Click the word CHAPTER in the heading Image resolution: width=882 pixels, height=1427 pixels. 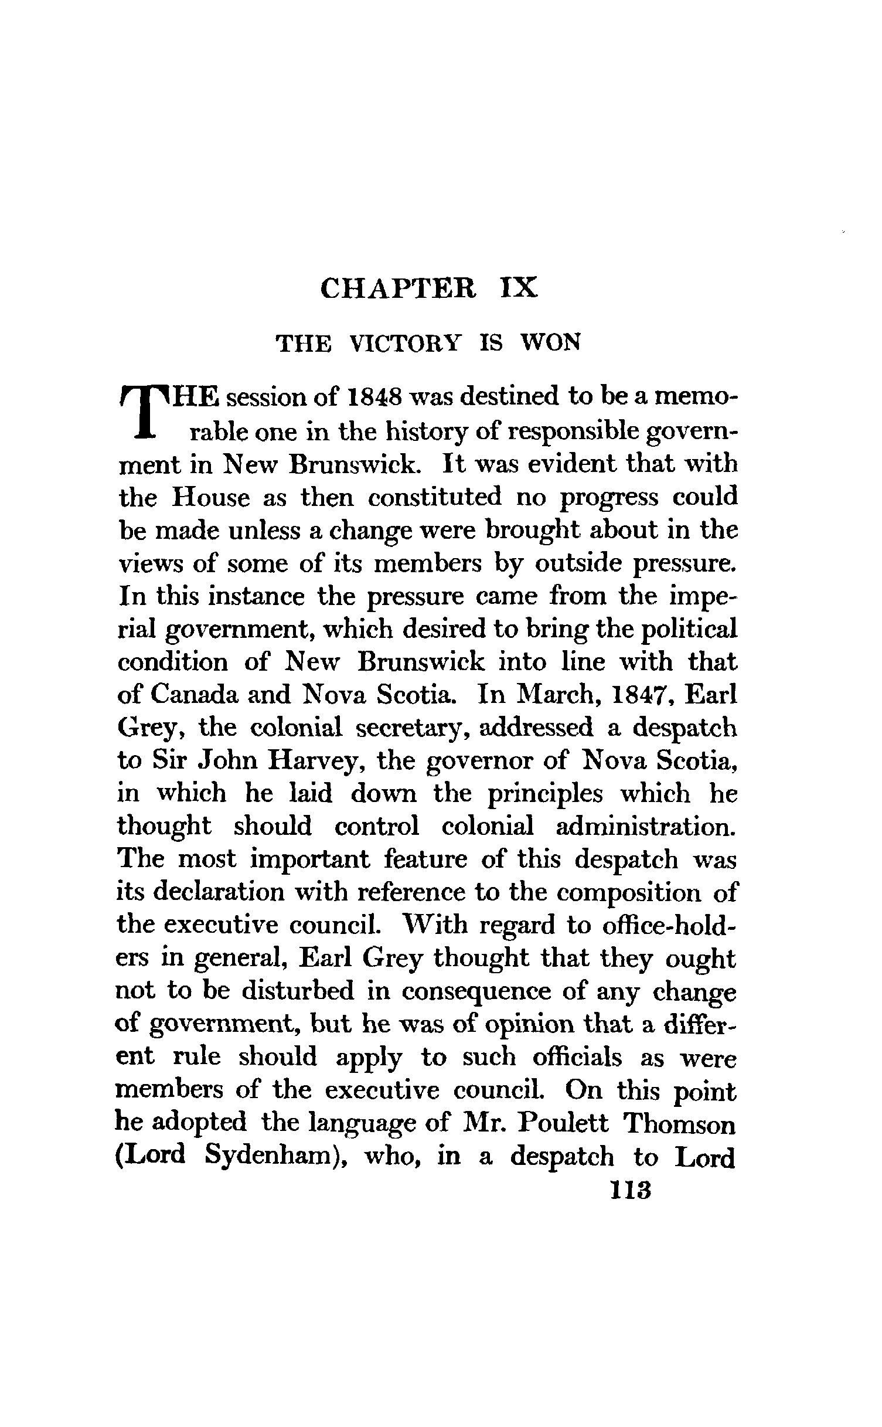pyautogui.click(x=399, y=289)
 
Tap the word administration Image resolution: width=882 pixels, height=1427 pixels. pyautogui.click(x=645, y=827)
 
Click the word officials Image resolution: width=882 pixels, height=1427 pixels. pyautogui.click(x=577, y=1058)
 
